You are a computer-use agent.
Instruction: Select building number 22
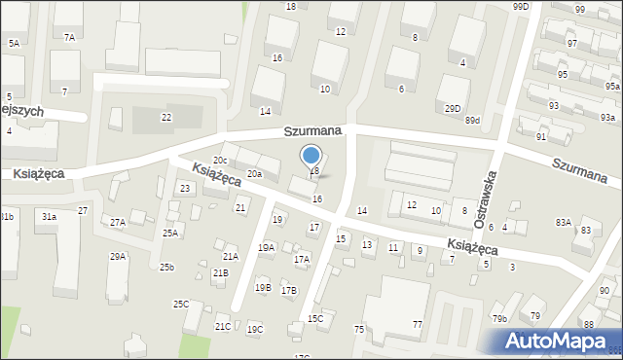166,118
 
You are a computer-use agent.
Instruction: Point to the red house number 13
367,244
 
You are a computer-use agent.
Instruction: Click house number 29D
453,108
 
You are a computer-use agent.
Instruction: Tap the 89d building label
473,120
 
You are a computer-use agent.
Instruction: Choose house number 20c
220,161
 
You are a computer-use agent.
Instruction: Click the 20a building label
254,173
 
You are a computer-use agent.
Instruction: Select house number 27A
117,223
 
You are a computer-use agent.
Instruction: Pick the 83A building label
564,222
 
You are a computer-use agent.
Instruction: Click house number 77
418,323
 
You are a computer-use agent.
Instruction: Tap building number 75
358,330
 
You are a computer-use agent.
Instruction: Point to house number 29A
117,257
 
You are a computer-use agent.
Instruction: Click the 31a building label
49,216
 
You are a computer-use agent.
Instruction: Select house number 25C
181,305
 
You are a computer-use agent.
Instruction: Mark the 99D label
521,7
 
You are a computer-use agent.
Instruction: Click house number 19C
255,330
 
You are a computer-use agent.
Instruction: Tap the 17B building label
289,291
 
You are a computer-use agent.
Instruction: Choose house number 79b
499,319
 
